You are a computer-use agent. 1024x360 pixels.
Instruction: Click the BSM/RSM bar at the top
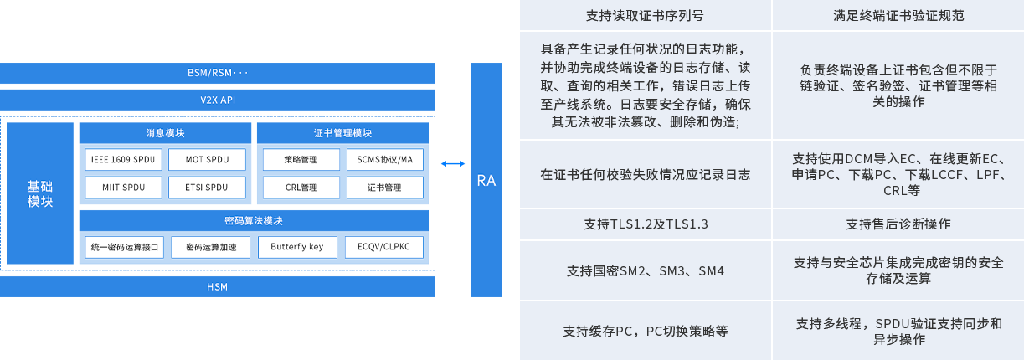[x=218, y=73]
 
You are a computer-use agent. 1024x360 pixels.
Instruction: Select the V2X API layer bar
[x=218, y=100]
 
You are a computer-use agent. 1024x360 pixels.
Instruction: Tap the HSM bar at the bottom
[x=218, y=287]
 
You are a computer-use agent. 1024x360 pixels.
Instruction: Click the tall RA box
[x=486, y=180]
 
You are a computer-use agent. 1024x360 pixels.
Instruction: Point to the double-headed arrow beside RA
[x=453, y=164]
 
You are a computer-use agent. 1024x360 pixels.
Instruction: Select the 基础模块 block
[x=40, y=193]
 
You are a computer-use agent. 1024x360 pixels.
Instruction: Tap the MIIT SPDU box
[x=122, y=188]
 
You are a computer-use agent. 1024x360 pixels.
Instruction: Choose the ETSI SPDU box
[x=206, y=188]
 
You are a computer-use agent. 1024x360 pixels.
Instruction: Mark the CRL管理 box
[x=301, y=188]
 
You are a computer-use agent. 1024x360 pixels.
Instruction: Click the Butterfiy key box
[x=297, y=247]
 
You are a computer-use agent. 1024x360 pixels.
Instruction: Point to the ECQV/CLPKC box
[x=383, y=247]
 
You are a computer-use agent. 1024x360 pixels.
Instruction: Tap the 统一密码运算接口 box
[x=124, y=247]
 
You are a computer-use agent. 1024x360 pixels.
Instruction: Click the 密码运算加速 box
[x=210, y=247]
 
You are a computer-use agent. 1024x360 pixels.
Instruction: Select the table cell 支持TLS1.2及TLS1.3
[x=646, y=224]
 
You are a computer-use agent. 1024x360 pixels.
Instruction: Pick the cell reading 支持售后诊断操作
[x=898, y=224]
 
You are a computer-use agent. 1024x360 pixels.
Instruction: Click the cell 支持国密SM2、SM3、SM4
[x=646, y=271]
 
